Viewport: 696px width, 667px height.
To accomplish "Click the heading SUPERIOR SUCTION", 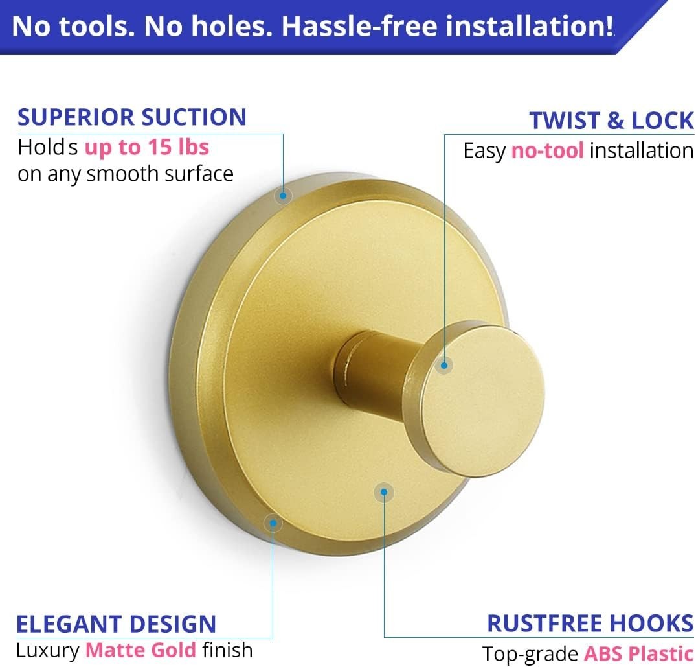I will tap(132, 117).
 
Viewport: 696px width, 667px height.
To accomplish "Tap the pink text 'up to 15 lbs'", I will tap(147, 148).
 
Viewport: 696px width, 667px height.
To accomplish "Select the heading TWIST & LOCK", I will tap(611, 121).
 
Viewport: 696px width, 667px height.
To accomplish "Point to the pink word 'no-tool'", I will tap(548, 151).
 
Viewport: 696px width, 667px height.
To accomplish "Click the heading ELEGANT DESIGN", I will tap(116, 624).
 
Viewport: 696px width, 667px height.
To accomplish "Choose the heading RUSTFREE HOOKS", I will tap(590, 624).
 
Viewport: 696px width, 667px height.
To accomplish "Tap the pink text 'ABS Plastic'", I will tap(638, 654).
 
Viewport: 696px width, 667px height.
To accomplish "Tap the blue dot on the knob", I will tap(444, 365).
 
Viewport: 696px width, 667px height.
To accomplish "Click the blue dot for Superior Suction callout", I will tap(283, 195).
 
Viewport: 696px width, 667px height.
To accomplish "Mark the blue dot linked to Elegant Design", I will tap(273, 522).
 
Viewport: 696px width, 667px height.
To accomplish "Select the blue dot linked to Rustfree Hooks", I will tap(384, 493).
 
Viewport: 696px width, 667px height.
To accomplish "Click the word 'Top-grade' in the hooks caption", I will tap(530, 654).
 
